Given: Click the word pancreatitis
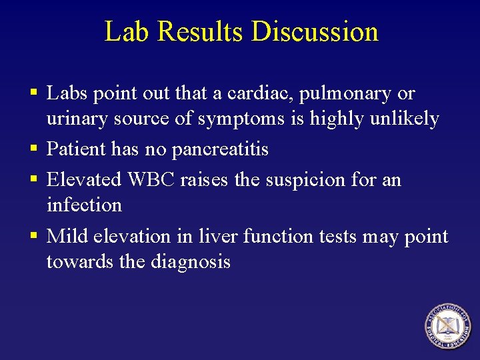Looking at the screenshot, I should click(220, 149).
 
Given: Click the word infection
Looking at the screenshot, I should click(84, 205).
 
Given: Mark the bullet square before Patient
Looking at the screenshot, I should click(32, 149).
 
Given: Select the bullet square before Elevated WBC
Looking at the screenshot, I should click(32, 179).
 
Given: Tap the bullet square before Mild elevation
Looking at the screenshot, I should click(32, 236).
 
